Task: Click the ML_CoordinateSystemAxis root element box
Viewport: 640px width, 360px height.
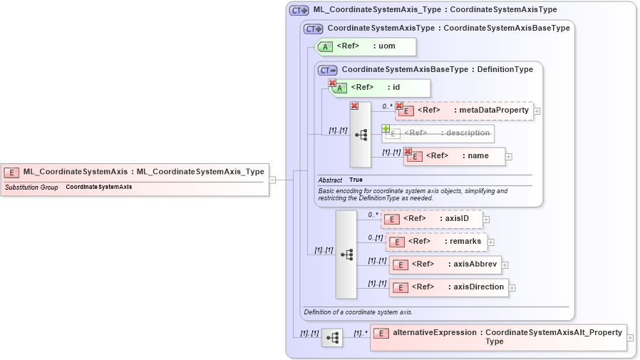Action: point(135,172)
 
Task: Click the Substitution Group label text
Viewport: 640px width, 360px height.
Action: point(31,187)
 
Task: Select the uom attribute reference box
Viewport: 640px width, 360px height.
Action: point(366,47)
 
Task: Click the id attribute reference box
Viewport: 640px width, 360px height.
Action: point(381,88)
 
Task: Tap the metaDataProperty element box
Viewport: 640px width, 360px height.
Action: point(465,110)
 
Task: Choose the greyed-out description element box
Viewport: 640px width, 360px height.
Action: point(438,133)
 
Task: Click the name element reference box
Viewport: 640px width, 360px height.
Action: point(455,156)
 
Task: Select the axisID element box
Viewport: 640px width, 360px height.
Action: point(433,219)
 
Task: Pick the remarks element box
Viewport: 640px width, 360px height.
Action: point(437,242)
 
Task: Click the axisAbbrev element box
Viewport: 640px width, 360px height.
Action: point(445,264)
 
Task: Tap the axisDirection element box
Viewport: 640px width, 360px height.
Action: point(449,287)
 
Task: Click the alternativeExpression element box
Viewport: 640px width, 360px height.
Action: point(498,337)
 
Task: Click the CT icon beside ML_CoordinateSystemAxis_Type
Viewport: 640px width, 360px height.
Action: point(299,11)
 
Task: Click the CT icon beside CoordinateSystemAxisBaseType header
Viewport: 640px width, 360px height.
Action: point(327,70)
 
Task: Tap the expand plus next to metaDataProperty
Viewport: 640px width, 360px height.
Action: point(537,111)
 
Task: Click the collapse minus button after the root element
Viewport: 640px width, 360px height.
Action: point(272,180)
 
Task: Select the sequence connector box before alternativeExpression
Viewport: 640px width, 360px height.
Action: point(331,337)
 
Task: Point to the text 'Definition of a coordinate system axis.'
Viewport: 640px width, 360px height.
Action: point(358,312)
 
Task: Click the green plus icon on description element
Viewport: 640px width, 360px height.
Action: point(386,129)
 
